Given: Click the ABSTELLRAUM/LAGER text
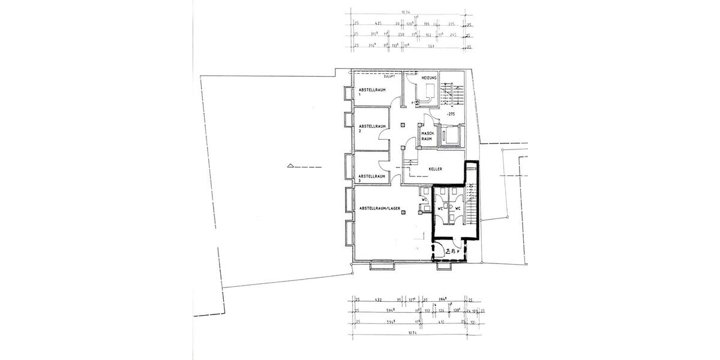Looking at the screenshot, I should tap(379, 208).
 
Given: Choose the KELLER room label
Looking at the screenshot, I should tap(436, 169).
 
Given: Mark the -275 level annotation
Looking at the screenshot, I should tap(450, 113).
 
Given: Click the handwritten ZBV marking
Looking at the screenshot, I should tap(451, 253).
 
